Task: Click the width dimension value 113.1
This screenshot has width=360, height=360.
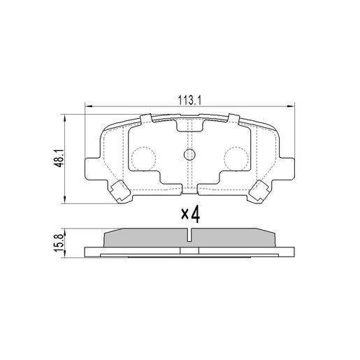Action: click(189, 100)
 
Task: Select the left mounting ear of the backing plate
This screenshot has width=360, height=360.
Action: click(91, 168)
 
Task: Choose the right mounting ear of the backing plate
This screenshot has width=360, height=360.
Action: click(287, 168)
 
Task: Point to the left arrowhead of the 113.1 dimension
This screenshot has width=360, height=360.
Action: click(87, 106)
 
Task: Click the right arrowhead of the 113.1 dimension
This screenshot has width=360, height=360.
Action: click(291, 106)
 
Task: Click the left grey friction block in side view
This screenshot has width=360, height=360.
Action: click(143, 238)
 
